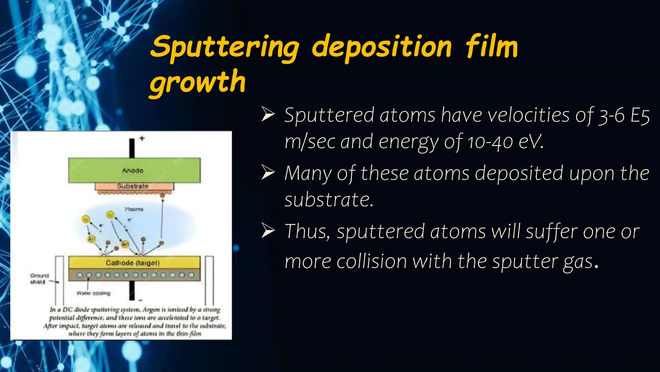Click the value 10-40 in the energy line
[490, 142]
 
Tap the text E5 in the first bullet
[640, 115]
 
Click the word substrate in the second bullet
[329, 200]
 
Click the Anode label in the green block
[132, 170]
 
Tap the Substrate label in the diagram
[132, 186]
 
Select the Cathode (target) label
[132, 263]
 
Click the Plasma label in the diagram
[134, 209]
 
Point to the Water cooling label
[93, 293]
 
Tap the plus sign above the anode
[142, 138]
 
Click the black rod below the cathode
[132, 290]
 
